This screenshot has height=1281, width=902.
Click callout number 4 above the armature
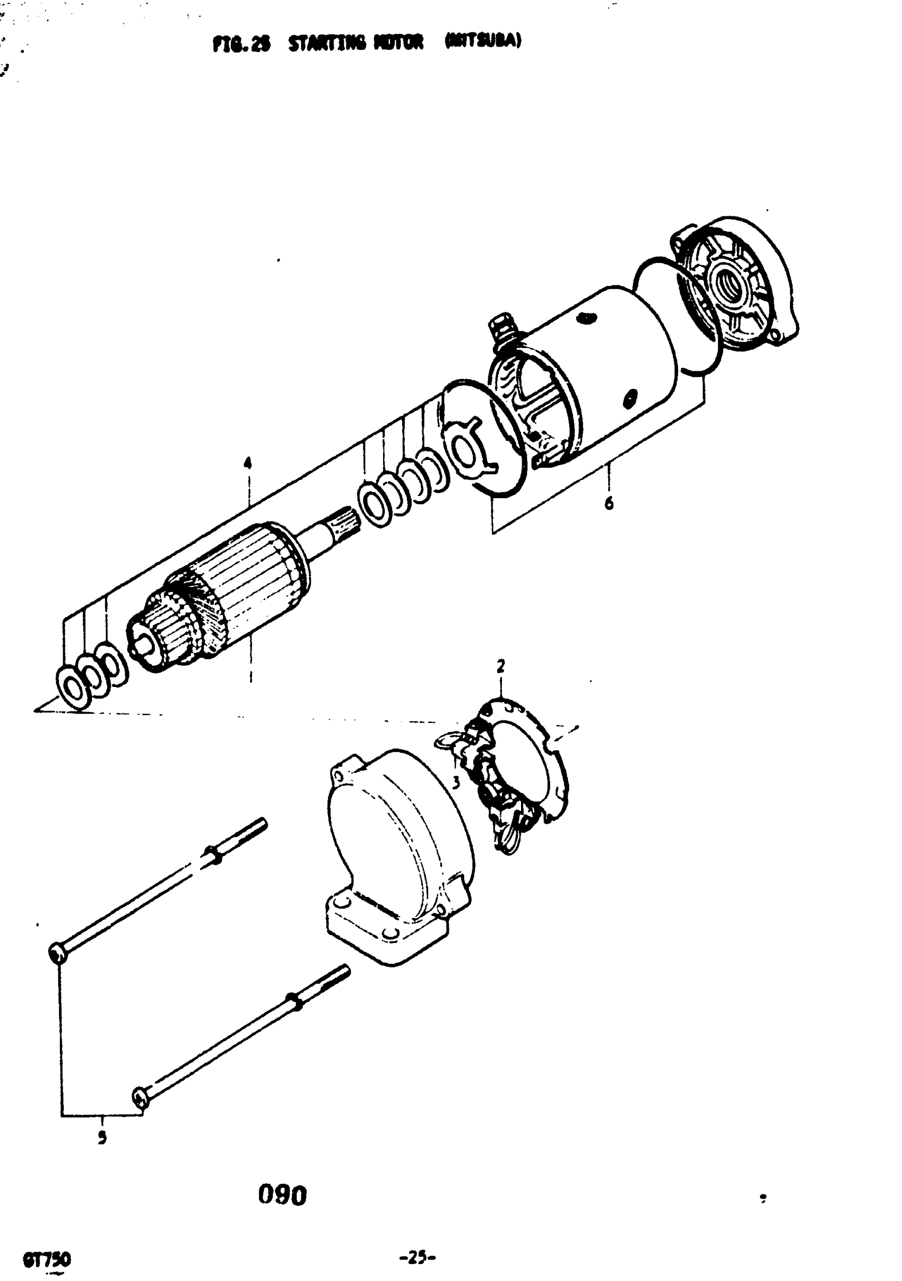coord(247,463)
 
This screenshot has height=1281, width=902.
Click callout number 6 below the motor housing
coord(609,503)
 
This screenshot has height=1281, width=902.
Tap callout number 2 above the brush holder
coord(501,666)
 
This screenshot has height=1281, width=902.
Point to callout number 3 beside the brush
coord(456,783)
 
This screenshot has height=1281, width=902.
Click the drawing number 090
coord(282,1195)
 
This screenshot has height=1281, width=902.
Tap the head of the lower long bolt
coord(140,1097)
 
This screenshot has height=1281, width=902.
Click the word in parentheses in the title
coord(483,42)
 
